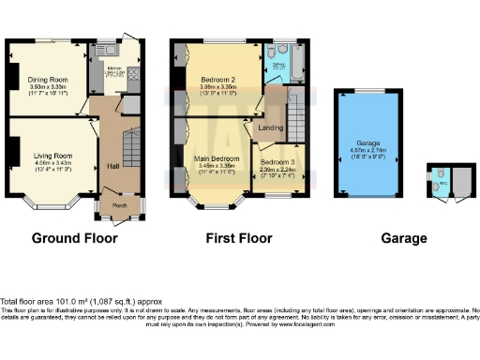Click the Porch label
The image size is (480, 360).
[x=119, y=206]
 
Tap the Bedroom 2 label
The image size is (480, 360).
[x=217, y=80]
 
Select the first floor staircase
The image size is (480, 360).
[x=292, y=116]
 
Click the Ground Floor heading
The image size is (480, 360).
[x=75, y=238]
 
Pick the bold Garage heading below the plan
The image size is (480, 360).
[x=404, y=238]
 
